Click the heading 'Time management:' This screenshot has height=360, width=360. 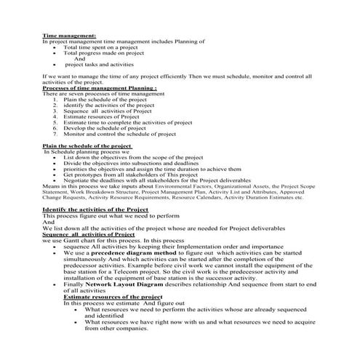tap(68, 35)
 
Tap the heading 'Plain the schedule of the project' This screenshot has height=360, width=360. tap(87, 145)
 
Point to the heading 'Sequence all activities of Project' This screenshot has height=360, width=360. tap(89, 234)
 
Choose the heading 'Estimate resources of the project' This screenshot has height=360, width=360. tap(113, 297)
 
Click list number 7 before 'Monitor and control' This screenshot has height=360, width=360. tap(55, 134)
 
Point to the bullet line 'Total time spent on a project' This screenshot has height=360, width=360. tap(105, 47)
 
